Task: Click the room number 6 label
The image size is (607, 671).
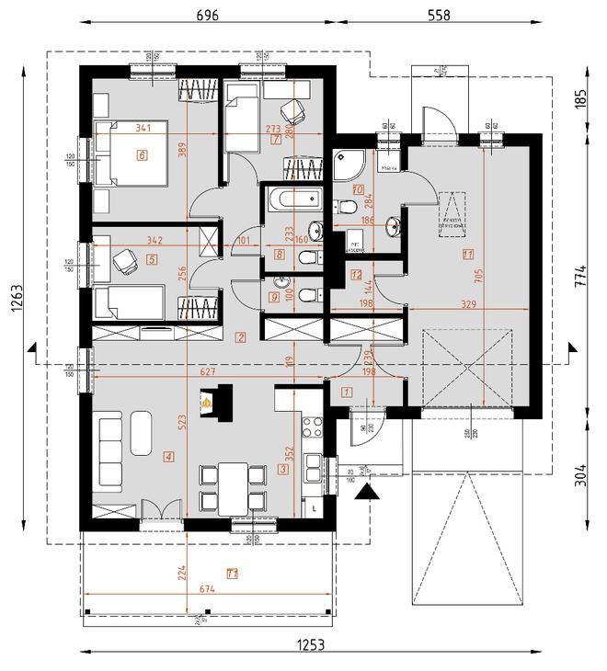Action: pyautogui.click(x=142, y=155)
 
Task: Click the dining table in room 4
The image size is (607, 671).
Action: pyautogui.click(x=231, y=486)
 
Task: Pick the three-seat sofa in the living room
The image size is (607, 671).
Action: pyautogui.click(x=109, y=450)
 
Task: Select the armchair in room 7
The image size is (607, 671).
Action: pyautogui.click(x=294, y=110)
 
